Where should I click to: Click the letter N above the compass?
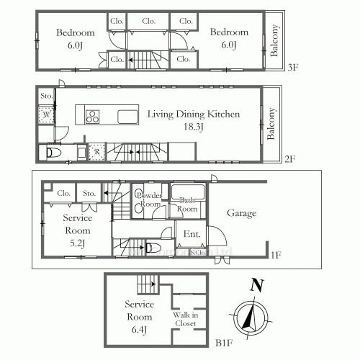click(254, 285)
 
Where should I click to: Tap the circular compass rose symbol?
click(249, 317)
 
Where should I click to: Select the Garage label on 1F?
click(242, 214)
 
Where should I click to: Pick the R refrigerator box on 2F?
click(97, 152)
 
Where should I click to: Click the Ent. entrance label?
click(192, 234)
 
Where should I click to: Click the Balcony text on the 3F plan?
click(275, 40)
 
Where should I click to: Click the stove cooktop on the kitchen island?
click(94, 116)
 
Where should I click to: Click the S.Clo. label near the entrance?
click(197, 251)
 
